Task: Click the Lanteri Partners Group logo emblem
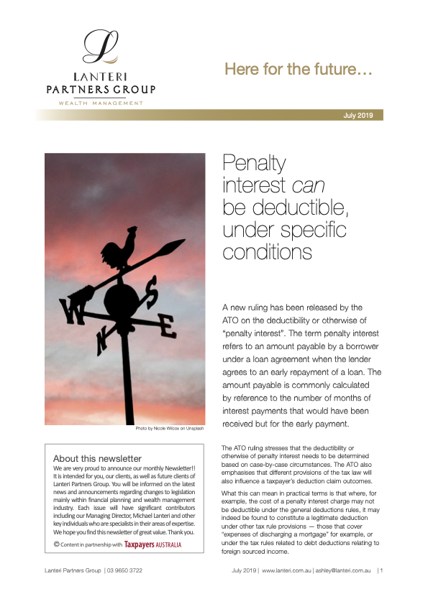point(100,47)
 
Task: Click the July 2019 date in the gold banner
point(360,115)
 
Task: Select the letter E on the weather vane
point(166,327)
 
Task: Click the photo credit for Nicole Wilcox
point(170,429)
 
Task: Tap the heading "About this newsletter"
point(97,458)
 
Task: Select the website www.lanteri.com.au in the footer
point(286,571)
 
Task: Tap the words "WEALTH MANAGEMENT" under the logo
point(100,103)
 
